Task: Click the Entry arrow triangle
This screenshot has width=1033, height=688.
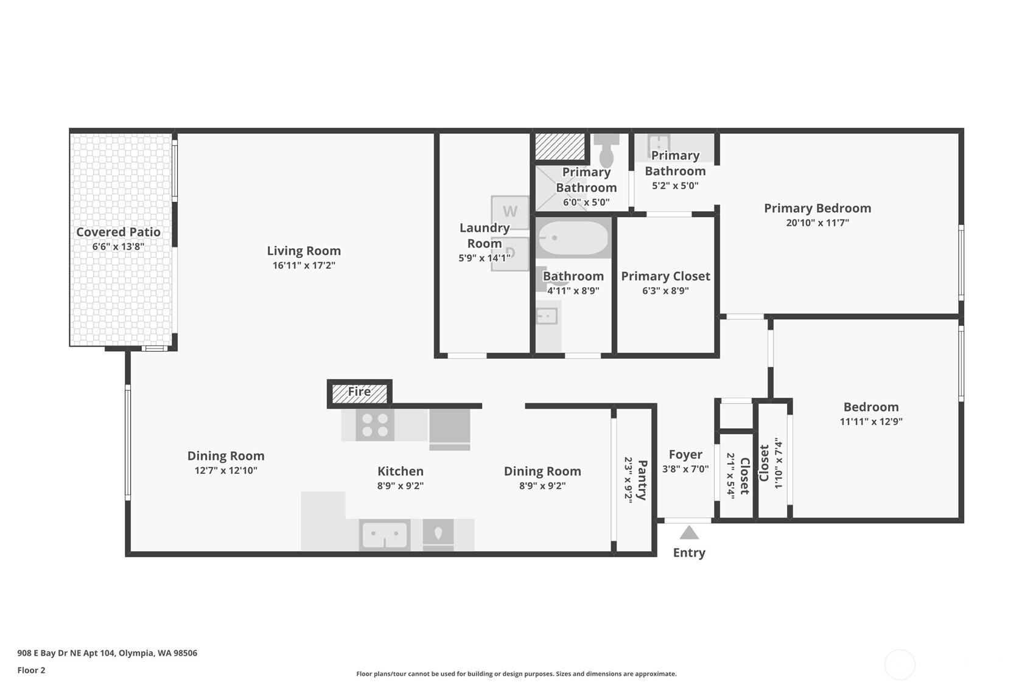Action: pos(689,532)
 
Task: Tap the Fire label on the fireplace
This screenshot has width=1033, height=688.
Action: pos(359,391)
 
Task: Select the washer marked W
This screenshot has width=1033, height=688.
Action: pos(509,212)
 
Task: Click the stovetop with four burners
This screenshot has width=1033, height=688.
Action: pos(375,425)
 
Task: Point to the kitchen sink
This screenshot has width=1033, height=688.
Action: pos(385,535)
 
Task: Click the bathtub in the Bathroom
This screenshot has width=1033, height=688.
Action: pos(573,238)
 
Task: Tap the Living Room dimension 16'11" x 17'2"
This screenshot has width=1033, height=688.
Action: pos(304,265)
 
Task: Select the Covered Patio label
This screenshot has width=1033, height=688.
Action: pos(119,232)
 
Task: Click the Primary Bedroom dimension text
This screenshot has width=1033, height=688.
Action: pos(818,223)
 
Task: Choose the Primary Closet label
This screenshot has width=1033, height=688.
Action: pos(665,276)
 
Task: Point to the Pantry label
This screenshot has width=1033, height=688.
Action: pos(642,480)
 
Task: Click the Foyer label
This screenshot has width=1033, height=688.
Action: pos(686,455)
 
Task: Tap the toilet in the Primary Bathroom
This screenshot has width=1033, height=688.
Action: pos(606,151)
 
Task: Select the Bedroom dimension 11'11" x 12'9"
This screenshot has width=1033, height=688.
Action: pos(871,421)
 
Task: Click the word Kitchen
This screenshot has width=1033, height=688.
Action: pos(401,471)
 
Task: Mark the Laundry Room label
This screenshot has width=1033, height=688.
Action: pos(485,235)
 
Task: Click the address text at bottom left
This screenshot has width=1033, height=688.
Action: pos(108,653)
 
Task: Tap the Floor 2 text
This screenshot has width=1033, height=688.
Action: pos(32,670)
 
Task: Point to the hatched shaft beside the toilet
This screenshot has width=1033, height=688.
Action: pos(560,147)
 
